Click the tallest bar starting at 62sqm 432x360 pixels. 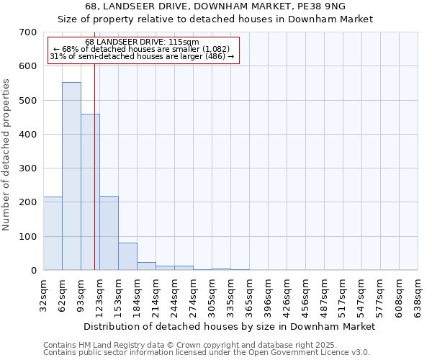click(x=71, y=176)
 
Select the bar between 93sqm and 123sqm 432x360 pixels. click(x=90, y=192)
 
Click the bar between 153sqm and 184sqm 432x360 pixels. click(x=127, y=256)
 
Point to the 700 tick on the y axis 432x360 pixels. click(x=27, y=32)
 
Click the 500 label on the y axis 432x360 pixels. click(x=27, y=101)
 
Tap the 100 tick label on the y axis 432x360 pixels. click(x=27, y=237)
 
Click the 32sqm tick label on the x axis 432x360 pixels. click(x=44, y=294)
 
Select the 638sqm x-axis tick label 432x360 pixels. click(x=418, y=294)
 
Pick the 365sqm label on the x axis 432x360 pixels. click(x=250, y=294)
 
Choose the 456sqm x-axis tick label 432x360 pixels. click(x=306, y=294)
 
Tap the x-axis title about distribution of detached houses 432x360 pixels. click(x=230, y=326)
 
